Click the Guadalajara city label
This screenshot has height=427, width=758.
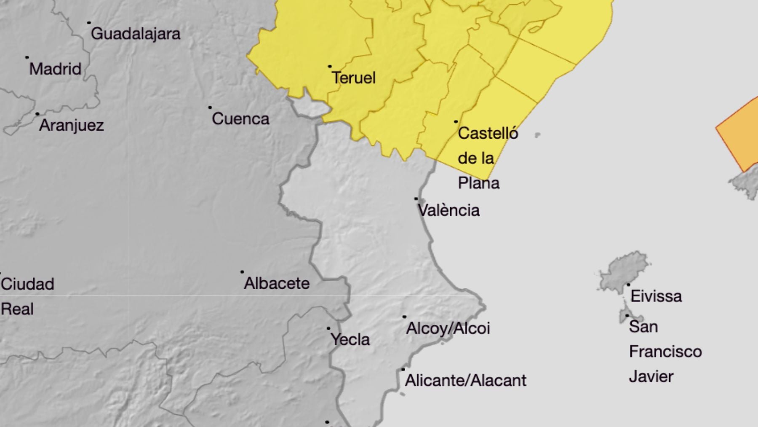(135, 34)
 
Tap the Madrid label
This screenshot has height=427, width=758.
(55, 69)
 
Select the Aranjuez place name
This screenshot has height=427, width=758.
(71, 125)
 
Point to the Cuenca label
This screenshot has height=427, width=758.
(240, 119)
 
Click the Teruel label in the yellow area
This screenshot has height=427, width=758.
(353, 78)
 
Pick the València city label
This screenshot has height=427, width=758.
(448, 210)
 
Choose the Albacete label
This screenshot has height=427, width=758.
(277, 283)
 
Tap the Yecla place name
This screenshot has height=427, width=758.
(350, 339)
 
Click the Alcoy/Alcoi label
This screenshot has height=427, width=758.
(448, 328)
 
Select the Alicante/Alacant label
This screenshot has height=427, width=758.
(465, 381)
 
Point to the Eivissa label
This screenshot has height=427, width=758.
(656, 296)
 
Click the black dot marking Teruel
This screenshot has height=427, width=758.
(330, 67)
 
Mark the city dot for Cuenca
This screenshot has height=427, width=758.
(210, 107)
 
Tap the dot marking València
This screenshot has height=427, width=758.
(416, 199)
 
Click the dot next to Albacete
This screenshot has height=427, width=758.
(242, 272)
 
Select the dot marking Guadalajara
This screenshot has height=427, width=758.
(89, 23)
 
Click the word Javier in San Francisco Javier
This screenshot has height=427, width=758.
(651, 376)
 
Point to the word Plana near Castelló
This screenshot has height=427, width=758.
(478, 183)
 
